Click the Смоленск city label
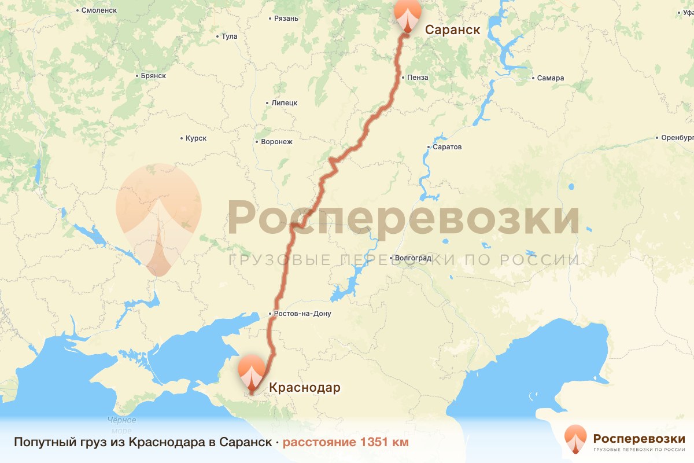tap(99, 10)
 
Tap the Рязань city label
tap(286, 19)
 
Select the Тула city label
tap(229, 36)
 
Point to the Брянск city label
tap(153, 76)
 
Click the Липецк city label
tap(284, 103)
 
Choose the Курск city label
tap(196, 139)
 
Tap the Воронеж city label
tap(277, 142)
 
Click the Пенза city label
tap(418, 78)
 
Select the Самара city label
tap(550, 78)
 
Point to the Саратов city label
tap(447, 147)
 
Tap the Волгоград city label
tap(413, 258)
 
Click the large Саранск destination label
tap(453, 30)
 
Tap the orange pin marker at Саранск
tap(407, 14)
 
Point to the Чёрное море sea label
tap(121, 424)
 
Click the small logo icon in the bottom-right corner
tap(575, 438)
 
